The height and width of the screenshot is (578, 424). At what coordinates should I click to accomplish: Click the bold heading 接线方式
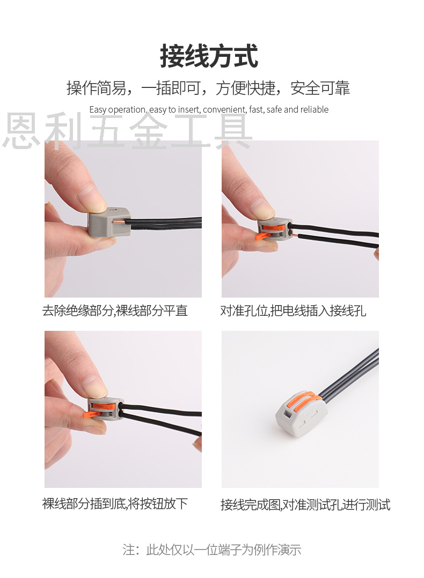point(209,56)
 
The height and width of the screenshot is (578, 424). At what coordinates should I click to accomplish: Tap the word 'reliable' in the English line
point(315,109)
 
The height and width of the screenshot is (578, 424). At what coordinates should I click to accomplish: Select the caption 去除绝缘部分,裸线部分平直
point(115,311)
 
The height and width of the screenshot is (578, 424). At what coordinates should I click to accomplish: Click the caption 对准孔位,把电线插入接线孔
point(294,311)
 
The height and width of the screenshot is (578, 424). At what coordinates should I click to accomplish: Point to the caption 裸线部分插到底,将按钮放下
point(115,503)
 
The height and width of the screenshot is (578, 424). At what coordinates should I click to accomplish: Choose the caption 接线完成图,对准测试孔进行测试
point(305,505)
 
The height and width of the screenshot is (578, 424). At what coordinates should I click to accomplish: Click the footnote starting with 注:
point(212,550)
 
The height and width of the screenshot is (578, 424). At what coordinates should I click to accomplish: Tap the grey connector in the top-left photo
point(109,222)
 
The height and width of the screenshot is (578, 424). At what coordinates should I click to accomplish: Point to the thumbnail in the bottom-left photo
point(94,387)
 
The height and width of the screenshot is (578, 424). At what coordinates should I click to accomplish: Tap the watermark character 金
point(148,131)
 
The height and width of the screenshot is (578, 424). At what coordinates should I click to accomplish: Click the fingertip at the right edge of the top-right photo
point(376,254)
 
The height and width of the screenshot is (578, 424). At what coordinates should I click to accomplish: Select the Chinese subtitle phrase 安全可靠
point(320,88)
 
